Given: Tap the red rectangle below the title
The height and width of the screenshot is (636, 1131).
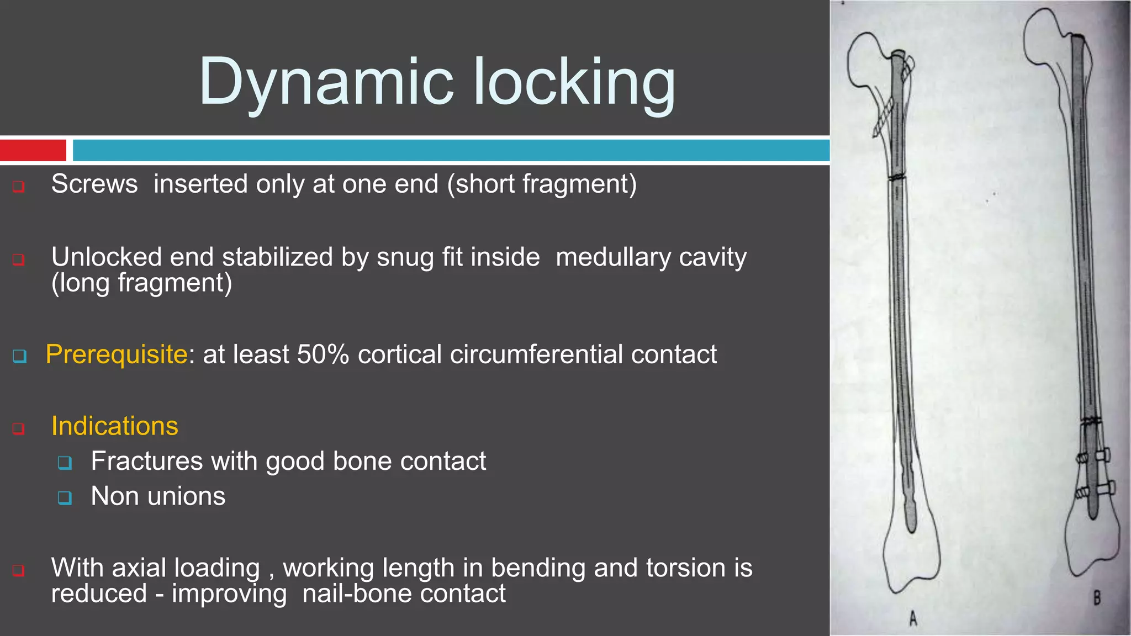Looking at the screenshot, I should [33, 150].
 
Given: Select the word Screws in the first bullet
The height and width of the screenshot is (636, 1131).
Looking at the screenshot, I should [94, 184].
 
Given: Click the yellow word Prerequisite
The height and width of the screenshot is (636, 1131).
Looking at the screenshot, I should [117, 354].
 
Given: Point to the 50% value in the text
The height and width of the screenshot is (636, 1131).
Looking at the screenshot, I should [323, 354].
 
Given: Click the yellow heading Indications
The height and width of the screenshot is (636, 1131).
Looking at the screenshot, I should [115, 426].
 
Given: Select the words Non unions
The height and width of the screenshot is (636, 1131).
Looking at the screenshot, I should [158, 496].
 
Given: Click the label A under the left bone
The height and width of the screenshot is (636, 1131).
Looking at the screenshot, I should [913, 619].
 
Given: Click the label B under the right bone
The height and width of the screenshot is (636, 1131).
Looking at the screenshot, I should [1096, 597].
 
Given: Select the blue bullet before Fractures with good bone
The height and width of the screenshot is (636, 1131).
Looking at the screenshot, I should [65, 462].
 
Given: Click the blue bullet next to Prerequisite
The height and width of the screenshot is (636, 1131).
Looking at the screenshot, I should [19, 356].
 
